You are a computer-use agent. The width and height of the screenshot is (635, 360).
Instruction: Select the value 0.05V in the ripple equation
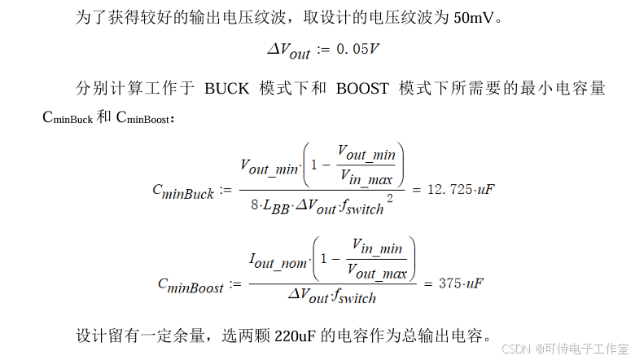[351, 50]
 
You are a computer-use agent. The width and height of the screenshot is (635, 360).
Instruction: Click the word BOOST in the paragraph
[362, 89]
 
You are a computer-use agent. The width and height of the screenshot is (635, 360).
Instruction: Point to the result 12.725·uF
[461, 190]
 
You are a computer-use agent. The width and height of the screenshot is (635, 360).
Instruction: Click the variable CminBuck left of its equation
[183, 191]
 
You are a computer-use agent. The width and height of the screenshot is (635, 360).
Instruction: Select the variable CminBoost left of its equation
[190, 285]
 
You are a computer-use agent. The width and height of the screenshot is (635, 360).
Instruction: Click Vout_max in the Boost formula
[377, 272]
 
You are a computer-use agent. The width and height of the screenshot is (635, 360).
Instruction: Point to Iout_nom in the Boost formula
[278, 261]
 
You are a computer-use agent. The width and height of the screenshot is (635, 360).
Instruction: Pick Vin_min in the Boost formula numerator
[377, 246]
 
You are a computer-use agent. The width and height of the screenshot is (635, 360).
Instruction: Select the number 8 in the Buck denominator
[255, 207]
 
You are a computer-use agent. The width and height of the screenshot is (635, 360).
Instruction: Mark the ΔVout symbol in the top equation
[289, 51]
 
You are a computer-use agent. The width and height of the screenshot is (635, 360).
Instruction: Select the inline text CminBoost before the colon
[143, 119]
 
